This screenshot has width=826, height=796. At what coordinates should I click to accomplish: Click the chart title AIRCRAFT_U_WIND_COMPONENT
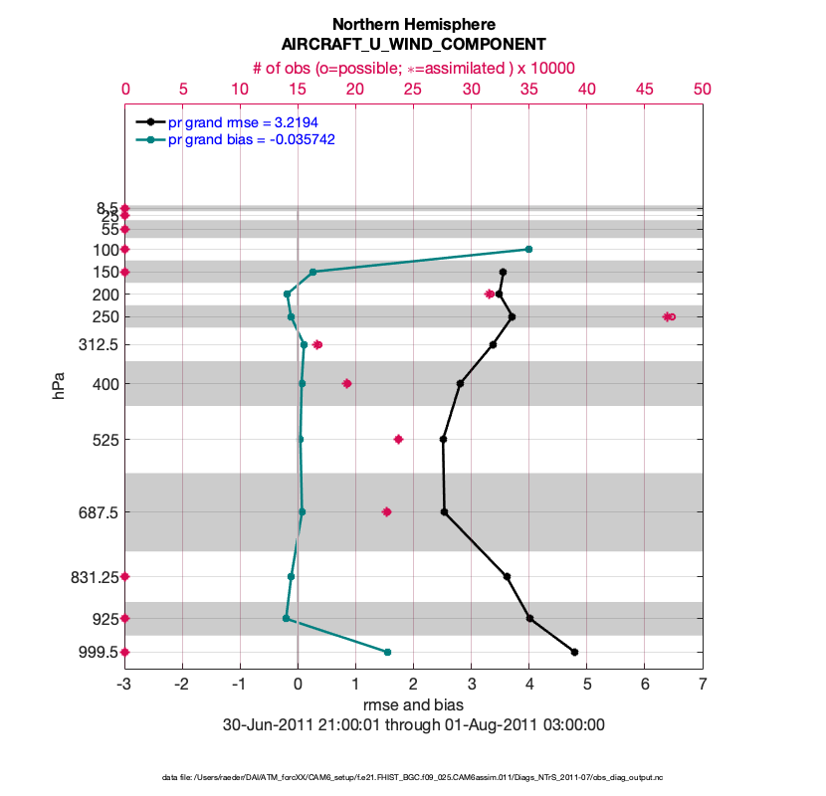(413, 45)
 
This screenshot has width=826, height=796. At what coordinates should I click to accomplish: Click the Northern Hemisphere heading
(413, 24)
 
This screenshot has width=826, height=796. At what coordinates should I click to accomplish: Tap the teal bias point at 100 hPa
(528, 249)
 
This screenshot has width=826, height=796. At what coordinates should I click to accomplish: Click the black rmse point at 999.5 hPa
(574, 652)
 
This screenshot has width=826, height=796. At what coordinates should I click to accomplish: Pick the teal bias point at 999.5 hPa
(387, 652)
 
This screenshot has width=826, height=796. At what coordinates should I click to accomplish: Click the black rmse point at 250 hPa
(512, 316)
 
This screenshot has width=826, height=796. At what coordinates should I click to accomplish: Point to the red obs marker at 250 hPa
(669, 316)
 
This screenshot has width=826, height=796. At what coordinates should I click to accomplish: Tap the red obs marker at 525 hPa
(398, 439)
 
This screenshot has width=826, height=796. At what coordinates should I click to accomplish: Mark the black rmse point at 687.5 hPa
(444, 511)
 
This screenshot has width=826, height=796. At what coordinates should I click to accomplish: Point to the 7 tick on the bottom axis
(703, 685)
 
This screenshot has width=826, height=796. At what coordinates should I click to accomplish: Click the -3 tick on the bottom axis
(124, 685)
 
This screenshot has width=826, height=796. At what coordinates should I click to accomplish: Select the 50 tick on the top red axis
(703, 90)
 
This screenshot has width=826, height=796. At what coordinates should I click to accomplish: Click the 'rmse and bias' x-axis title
(413, 705)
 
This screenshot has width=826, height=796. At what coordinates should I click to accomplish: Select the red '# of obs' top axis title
(413, 68)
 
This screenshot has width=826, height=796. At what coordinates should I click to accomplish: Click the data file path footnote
(413, 776)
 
